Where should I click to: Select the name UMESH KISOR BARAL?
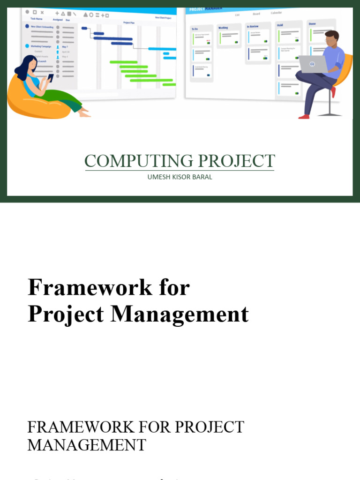[180, 177]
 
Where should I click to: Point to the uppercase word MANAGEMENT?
[87, 444]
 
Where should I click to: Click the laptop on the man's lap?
[313, 64]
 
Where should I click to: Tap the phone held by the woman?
[50, 76]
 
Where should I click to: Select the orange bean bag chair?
[33, 101]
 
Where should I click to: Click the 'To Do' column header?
[195, 29]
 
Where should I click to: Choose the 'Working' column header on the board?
[223, 28]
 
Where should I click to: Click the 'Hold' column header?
[280, 25]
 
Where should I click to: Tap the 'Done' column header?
[312, 23]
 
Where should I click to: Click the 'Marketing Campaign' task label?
[41, 46]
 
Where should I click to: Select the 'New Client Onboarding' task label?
[42, 27]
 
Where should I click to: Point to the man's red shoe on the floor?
[304, 116]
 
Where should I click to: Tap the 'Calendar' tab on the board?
[276, 13]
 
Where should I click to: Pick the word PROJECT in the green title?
[237, 161]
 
